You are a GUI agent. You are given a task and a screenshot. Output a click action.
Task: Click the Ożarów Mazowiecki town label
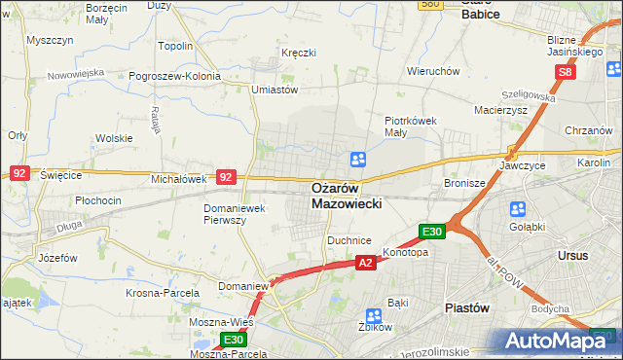(x=348, y=196)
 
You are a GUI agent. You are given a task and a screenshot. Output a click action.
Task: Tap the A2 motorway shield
(x=365, y=263)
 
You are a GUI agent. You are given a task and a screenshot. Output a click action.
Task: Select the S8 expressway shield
(x=567, y=72)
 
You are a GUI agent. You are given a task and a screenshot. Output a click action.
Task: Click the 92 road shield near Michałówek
(x=226, y=177)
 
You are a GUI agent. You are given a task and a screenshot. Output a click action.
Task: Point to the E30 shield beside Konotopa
(x=432, y=232)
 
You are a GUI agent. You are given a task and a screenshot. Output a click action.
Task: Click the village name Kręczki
(x=298, y=52)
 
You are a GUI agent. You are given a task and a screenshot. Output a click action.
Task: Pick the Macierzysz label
(x=501, y=110)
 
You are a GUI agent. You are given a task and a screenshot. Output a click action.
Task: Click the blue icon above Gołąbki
(x=516, y=209)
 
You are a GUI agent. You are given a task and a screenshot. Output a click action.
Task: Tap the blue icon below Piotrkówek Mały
(x=358, y=159)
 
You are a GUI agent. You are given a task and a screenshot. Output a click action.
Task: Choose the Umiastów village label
(x=274, y=90)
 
